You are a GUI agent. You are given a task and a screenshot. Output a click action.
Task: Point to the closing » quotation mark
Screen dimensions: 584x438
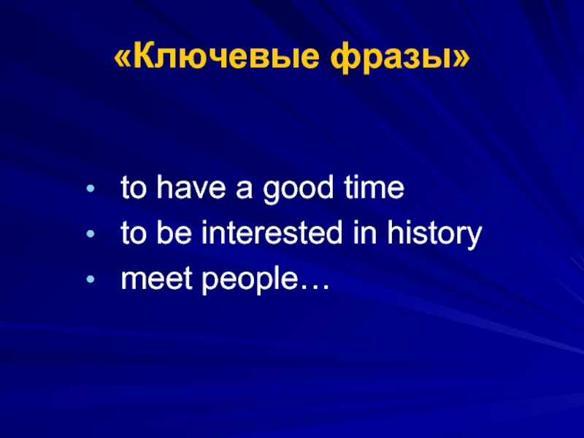point(461,58)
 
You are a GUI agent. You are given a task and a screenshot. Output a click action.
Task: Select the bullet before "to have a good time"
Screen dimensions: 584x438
point(90,188)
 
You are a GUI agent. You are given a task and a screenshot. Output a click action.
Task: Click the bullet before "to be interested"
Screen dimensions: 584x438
point(90,234)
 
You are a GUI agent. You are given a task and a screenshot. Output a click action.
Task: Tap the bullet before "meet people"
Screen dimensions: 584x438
point(90,280)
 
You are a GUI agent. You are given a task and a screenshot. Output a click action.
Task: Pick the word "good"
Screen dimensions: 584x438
point(298,190)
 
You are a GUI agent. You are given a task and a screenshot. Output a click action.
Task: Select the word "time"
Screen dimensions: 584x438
point(374,188)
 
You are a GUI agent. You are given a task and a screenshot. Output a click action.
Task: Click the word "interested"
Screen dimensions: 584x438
point(272,232)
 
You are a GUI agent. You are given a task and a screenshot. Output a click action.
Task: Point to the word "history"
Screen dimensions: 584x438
point(434,234)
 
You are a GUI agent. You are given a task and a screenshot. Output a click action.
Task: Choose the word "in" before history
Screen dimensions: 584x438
point(364,232)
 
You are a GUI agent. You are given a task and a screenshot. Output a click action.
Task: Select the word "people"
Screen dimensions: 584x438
point(250,281)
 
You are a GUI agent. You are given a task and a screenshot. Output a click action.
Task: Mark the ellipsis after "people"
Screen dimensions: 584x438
point(315,287)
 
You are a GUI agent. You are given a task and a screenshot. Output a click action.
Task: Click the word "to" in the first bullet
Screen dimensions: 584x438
point(134,188)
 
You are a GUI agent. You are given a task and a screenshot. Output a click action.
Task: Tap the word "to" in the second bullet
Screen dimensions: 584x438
point(134,233)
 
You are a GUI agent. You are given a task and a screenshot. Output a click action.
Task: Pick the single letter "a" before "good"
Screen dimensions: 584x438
point(244,190)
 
